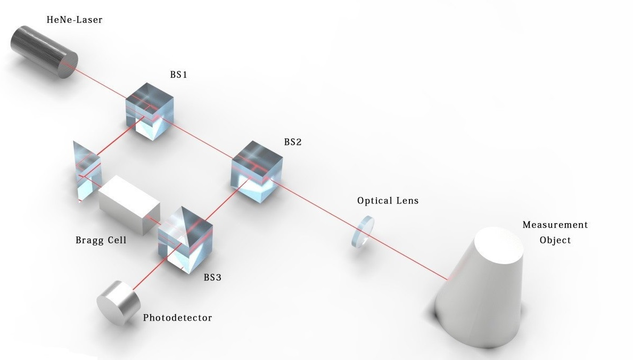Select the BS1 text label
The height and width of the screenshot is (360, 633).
coord(178,75)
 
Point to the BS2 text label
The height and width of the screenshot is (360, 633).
coord(293,142)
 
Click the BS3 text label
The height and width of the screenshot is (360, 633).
coord(213,277)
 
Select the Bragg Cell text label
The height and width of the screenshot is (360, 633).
coord(101,240)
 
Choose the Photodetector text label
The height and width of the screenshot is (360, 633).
coord(177,318)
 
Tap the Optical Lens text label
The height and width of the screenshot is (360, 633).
coord(388,201)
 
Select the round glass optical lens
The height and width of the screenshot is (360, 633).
coord(363,231)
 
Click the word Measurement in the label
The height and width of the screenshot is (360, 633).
coord(555,225)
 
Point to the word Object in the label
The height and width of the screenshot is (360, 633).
coord(555,240)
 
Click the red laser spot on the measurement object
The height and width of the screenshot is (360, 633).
coord(447,277)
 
